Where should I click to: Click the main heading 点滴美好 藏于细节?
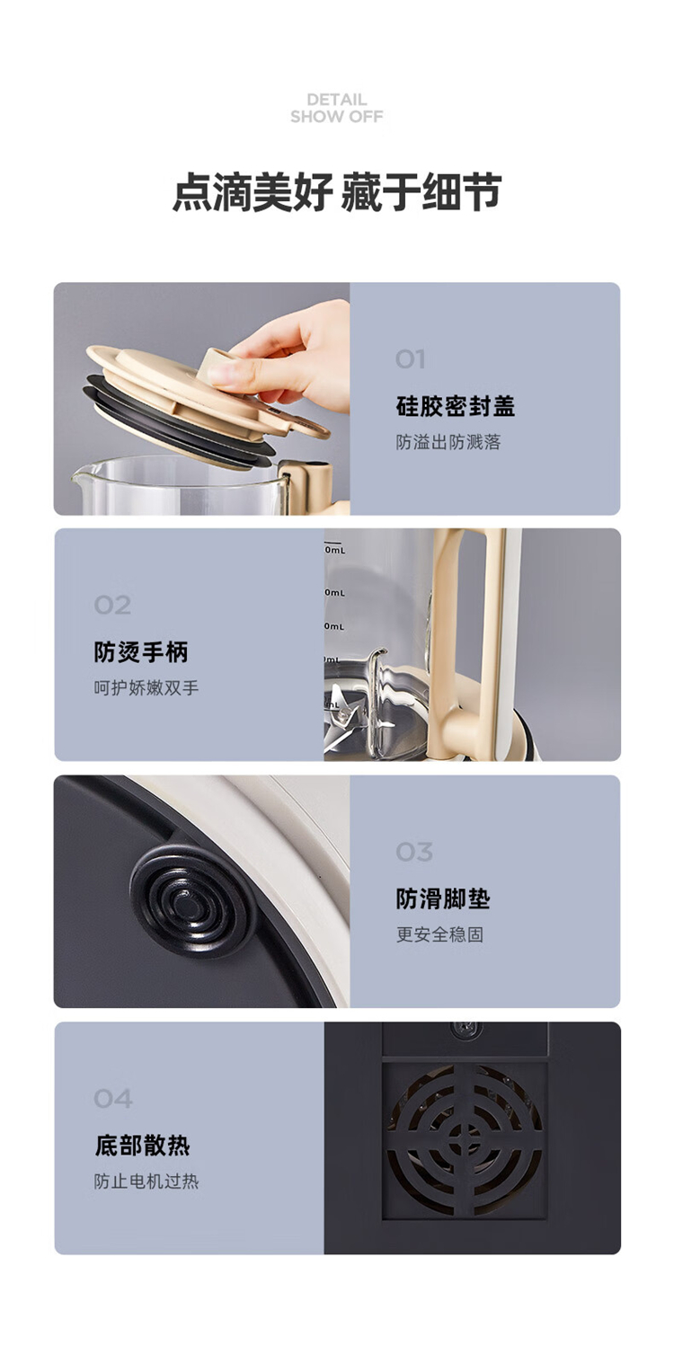coord(337,191)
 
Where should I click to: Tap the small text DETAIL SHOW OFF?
coord(337,108)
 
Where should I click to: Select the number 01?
coord(411,359)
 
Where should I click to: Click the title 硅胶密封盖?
coord(456,406)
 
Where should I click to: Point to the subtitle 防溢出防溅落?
coord(448,442)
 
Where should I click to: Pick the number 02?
coord(112,606)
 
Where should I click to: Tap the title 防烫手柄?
coord(141,652)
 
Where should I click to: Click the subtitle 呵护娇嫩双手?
coord(146,687)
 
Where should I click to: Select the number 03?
coord(414,852)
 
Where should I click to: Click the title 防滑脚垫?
coord(443,898)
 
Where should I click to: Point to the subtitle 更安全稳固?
coord(439,934)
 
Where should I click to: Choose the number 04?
coord(113,1098)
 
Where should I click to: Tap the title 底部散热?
coord(143,1146)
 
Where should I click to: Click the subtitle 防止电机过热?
coord(146,1182)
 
